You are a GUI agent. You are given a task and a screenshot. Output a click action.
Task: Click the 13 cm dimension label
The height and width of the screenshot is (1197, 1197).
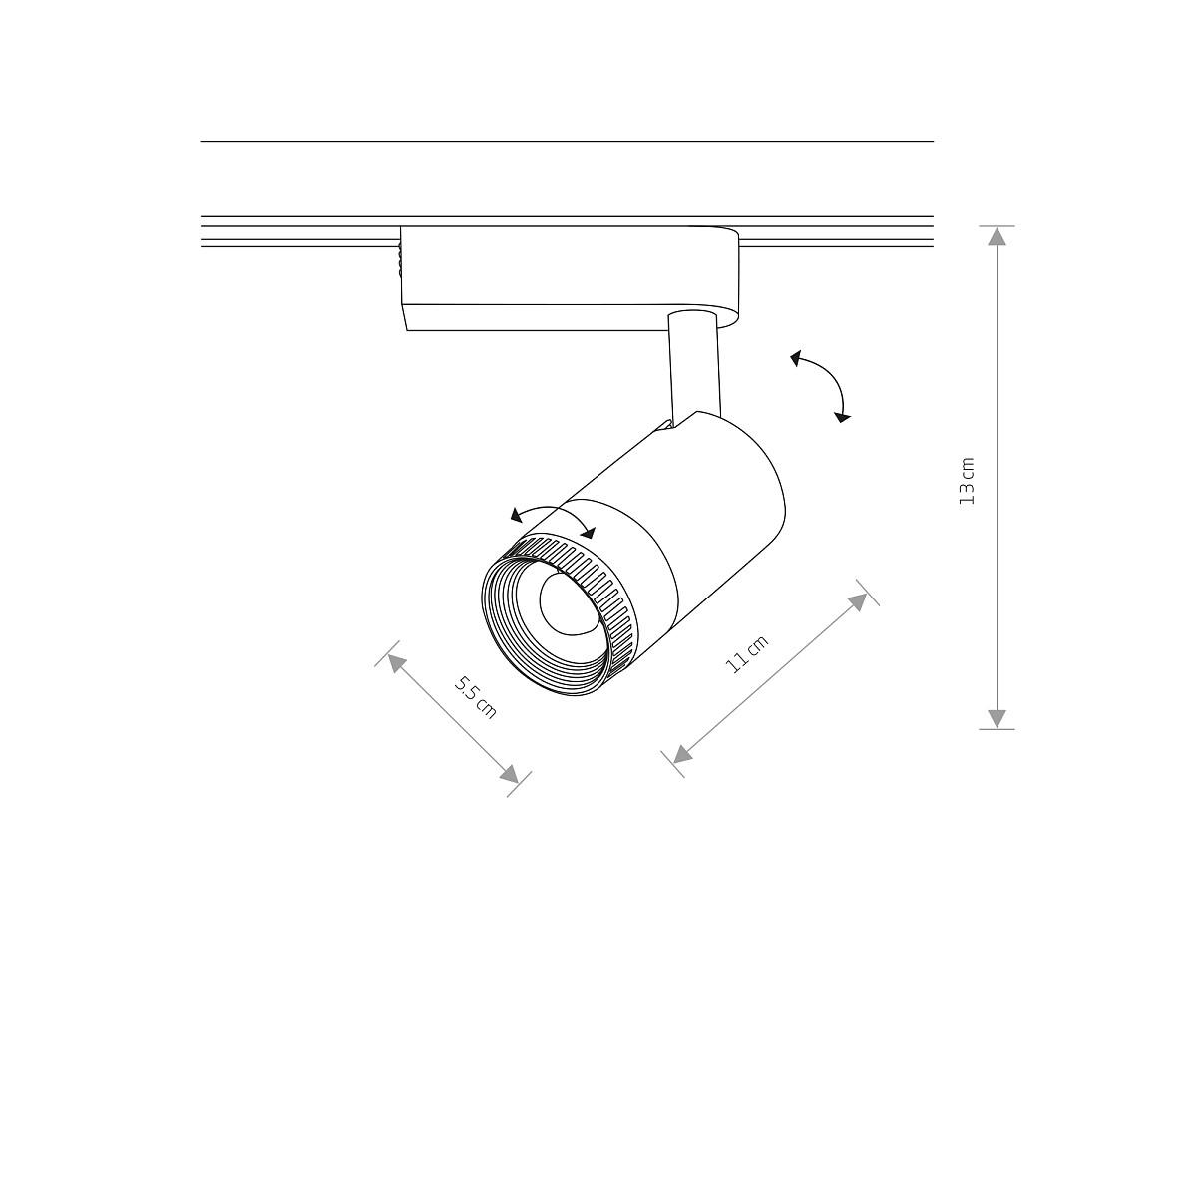[968, 481]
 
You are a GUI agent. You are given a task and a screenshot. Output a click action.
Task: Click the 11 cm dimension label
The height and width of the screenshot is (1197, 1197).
[747, 654]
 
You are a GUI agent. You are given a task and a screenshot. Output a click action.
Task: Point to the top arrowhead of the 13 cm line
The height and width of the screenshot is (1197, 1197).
[997, 236]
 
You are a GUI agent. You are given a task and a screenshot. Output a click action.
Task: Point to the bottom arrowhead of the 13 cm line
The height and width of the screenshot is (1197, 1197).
[997, 718]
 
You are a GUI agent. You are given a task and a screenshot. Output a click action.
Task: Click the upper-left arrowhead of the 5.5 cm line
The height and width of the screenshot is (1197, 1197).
[396, 663]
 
